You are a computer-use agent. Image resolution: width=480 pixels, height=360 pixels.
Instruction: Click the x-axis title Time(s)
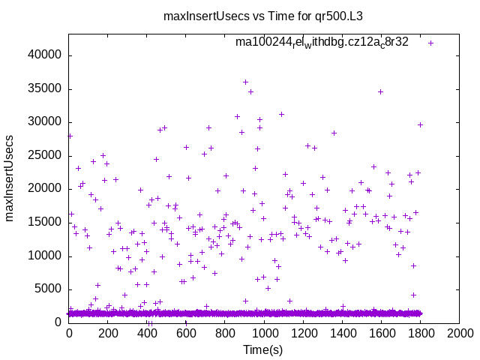[x=263, y=350]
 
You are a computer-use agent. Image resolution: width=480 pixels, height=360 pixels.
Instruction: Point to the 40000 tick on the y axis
[x=46, y=55]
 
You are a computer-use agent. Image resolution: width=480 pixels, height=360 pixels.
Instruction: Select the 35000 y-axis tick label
[x=46, y=89]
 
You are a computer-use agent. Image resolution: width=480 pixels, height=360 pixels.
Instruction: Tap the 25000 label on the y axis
[x=46, y=156]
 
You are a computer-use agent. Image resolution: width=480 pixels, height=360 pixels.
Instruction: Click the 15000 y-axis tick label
[x=46, y=222]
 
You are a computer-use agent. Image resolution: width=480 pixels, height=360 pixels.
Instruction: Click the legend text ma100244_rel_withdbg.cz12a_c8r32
[x=322, y=43]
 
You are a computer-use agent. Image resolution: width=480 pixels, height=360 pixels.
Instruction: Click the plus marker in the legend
[x=430, y=43]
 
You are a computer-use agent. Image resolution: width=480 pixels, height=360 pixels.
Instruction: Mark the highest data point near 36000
[x=245, y=82]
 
